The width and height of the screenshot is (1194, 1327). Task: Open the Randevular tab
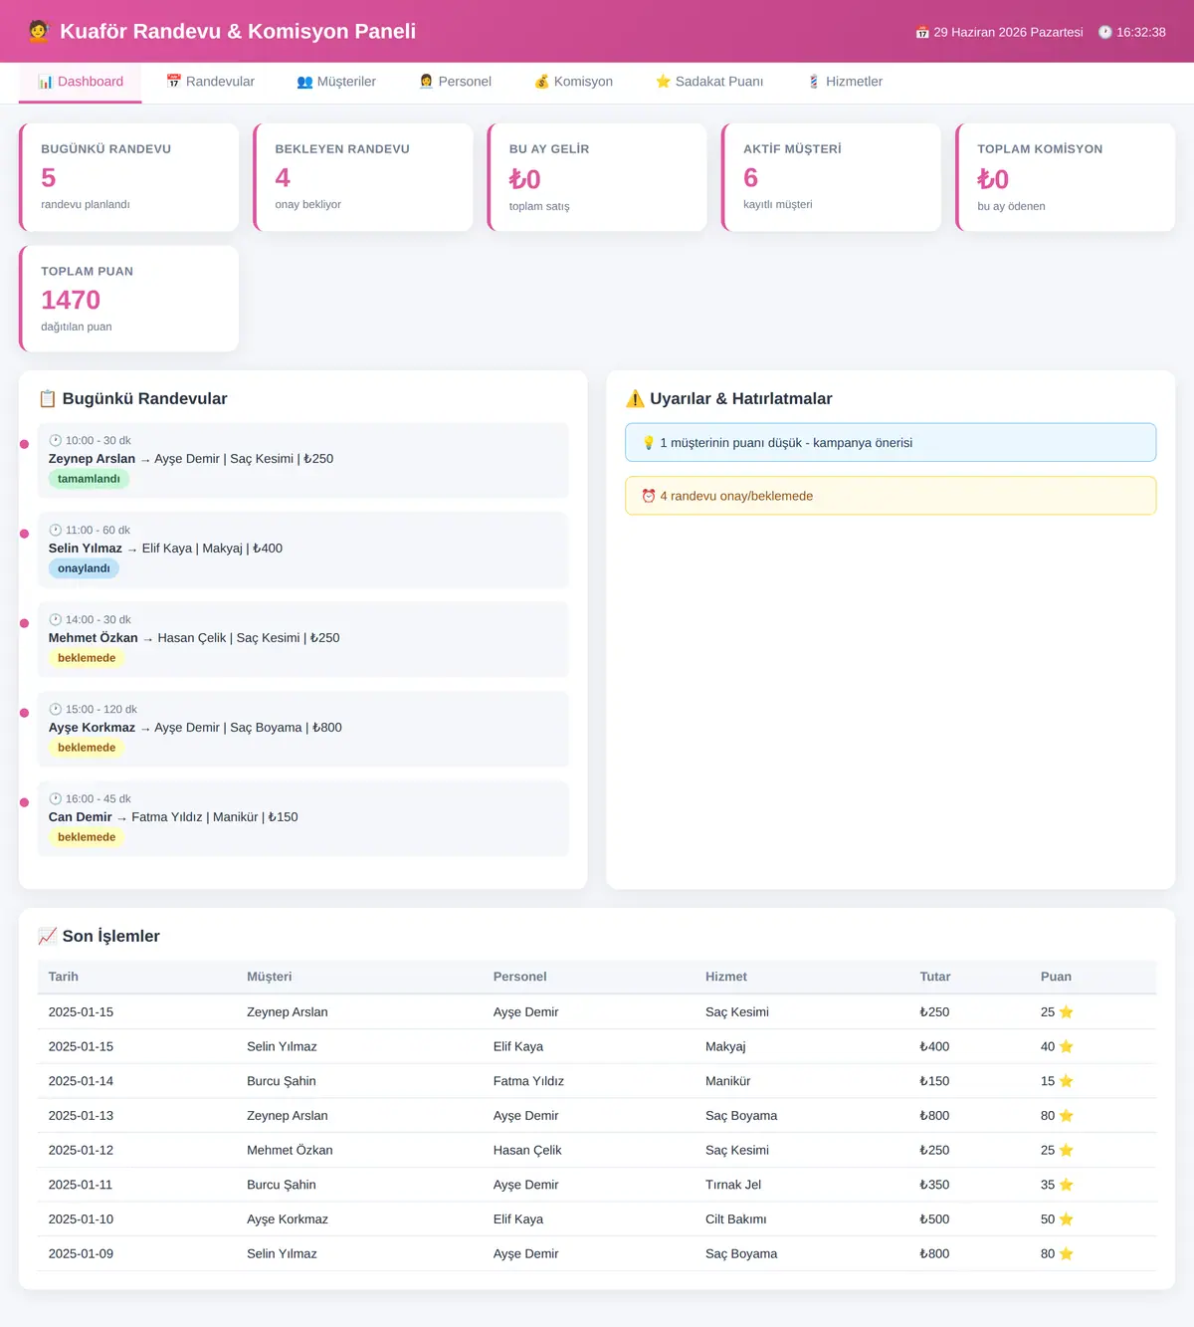210,82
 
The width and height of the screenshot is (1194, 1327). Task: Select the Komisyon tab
573,82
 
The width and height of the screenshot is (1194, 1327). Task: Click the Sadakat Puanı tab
709,82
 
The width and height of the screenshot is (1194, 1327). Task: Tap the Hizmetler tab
846,82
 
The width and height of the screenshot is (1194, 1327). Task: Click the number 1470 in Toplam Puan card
71,300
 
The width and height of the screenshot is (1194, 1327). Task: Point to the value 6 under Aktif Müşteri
750,177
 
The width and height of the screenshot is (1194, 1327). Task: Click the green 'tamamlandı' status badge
89,478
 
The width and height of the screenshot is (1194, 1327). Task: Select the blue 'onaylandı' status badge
84,568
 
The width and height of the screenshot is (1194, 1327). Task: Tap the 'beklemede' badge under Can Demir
87,837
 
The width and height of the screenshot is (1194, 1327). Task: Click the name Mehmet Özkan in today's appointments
94,638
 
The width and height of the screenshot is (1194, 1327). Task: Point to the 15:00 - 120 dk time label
100,709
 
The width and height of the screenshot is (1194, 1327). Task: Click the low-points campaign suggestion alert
891,443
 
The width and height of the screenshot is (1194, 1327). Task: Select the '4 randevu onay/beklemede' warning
891,496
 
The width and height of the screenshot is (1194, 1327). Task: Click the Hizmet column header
725,977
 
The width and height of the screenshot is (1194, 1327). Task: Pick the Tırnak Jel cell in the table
733,1184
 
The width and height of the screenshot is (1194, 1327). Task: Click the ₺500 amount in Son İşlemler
934,1218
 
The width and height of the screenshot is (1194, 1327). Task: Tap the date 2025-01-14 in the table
81,1081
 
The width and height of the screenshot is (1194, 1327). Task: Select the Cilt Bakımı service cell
735,1218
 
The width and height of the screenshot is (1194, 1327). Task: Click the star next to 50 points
1066,1218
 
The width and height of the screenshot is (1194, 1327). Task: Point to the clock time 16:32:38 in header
1140,32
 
